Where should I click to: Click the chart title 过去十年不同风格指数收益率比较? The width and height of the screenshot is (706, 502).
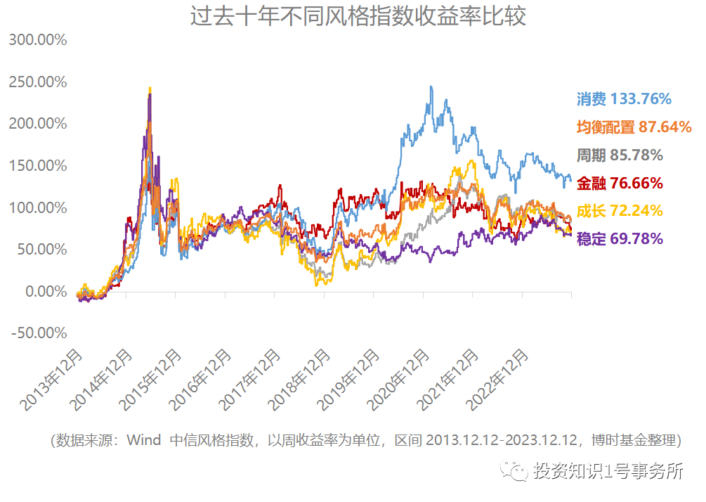click(358, 16)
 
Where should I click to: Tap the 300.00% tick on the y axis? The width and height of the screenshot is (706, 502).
click(38, 40)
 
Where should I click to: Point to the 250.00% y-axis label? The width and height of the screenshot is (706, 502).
click(38, 82)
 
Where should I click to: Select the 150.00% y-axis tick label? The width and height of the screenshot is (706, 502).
click(38, 166)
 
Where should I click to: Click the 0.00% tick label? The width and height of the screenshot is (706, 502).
click(44, 291)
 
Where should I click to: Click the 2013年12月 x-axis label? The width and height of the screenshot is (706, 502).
click(53, 380)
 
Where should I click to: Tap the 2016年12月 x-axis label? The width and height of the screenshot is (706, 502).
click(202, 380)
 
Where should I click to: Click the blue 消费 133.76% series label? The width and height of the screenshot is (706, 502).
click(624, 98)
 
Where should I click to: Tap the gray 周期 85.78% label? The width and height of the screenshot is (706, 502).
click(619, 155)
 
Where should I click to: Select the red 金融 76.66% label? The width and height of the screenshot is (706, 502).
click(619, 183)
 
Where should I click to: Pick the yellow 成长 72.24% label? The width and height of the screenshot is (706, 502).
click(619, 211)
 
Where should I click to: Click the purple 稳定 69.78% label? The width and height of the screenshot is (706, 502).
click(619, 239)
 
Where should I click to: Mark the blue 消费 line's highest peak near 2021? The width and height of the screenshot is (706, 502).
click(431, 87)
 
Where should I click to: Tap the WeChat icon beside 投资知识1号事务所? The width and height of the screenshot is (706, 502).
click(518, 471)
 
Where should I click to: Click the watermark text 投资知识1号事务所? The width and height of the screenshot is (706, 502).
click(608, 471)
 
